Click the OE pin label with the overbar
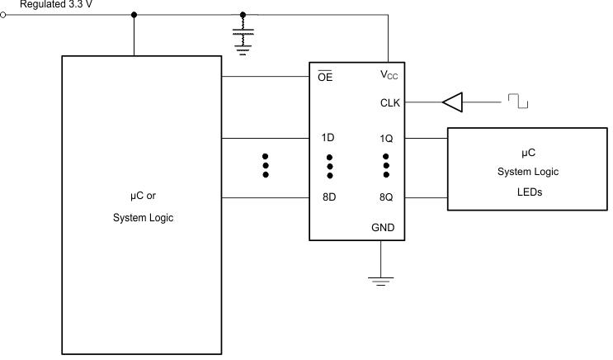325,78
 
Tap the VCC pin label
388,75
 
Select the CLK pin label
389,104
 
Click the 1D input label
328,139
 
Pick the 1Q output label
386,139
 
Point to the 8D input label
328,198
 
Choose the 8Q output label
386,198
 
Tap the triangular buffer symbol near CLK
452,103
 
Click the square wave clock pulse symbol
518,102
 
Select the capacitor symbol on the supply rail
242,37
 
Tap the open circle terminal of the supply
4,15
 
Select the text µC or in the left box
143,197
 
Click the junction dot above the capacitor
242,15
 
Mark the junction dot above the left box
134,15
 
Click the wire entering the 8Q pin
425,198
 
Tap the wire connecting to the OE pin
264,78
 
